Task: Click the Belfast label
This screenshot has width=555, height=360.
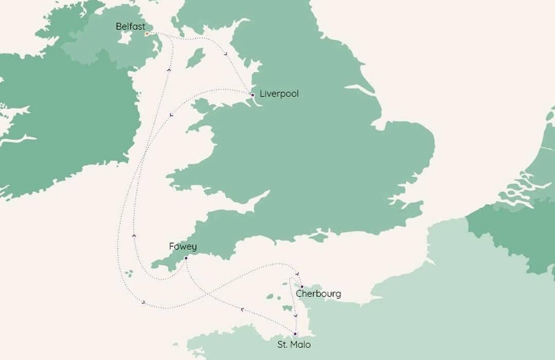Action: (x=131, y=26)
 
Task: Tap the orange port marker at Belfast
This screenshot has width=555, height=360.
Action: (x=146, y=34)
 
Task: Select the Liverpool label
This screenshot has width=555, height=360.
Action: (x=279, y=94)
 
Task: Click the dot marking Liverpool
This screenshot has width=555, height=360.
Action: (x=252, y=95)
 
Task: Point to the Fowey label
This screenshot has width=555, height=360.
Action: (x=182, y=247)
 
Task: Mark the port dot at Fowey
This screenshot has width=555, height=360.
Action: (x=186, y=258)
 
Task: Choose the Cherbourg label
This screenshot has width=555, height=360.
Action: (x=318, y=294)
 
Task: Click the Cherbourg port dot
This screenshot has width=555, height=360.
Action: (x=302, y=286)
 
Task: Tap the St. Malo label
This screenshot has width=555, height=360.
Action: (x=294, y=345)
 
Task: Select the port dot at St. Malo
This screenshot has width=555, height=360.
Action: (x=295, y=334)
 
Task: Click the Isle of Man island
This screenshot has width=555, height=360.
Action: (x=195, y=58)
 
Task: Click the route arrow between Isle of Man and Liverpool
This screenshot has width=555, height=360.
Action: (x=226, y=53)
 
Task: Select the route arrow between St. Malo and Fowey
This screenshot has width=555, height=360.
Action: (x=242, y=309)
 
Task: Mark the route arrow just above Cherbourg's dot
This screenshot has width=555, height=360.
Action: (x=298, y=274)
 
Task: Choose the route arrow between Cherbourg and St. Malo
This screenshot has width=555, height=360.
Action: (x=295, y=315)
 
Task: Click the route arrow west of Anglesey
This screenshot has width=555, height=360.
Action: (x=171, y=115)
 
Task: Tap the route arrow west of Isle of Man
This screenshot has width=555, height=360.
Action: (x=169, y=69)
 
